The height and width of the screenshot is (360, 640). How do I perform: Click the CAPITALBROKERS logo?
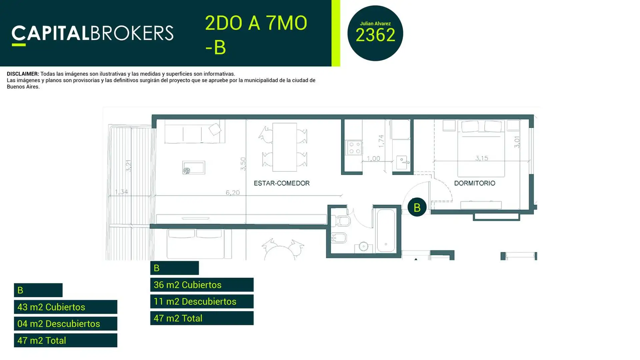pos(92,35)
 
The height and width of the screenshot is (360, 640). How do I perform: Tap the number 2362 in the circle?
pos(375,35)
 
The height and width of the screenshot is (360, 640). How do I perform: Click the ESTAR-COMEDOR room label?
pos(282,183)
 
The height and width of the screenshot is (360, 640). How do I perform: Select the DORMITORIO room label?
pos(474,183)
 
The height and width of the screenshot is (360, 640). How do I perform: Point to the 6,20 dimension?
pos(233,192)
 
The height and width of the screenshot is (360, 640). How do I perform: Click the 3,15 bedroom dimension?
pos(482,158)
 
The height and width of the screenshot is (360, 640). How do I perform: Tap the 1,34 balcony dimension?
pos(121,192)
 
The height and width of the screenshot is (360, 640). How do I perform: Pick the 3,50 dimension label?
pos(243,164)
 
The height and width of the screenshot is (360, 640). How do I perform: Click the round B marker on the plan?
pos(417,207)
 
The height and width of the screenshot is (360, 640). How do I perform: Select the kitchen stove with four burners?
pos(354,148)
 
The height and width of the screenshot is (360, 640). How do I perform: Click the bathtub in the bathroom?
pos(386,231)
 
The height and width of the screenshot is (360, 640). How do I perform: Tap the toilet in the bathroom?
pos(341,221)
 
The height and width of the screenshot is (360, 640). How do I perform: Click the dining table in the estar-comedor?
pos(284,147)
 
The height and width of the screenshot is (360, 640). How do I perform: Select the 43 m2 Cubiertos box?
pos(66,307)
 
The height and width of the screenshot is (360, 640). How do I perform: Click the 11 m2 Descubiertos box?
pos(202,301)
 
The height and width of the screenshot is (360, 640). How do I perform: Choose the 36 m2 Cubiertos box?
pos(202,285)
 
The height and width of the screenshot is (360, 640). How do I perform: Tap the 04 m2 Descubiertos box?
pos(66,324)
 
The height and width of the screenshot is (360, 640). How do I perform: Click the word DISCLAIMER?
pos(23,74)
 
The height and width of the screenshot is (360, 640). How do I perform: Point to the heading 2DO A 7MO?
pos(256,23)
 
